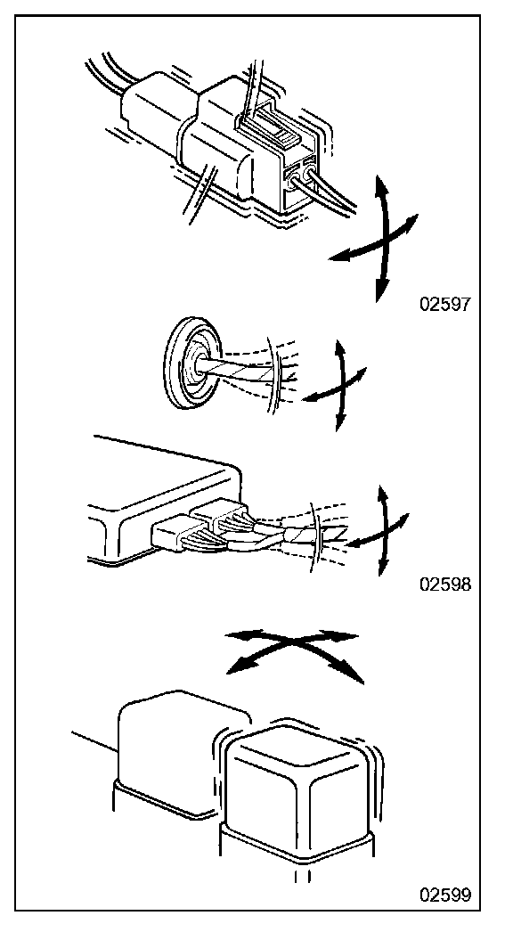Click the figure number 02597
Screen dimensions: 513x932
445,305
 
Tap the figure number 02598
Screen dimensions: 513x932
445,585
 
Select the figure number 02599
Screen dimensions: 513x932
445,894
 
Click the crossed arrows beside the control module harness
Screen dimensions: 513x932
380,529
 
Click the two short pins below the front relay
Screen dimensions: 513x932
303,876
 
